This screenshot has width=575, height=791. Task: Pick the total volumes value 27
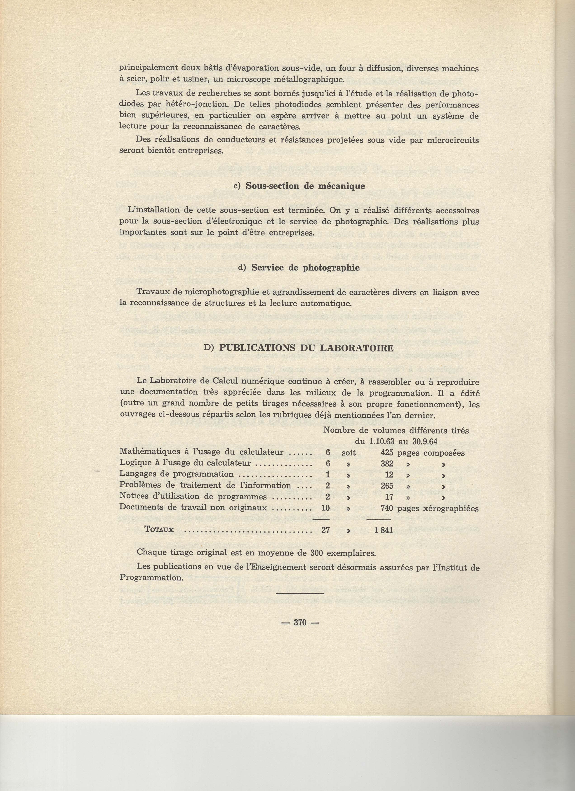coord(325,530)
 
